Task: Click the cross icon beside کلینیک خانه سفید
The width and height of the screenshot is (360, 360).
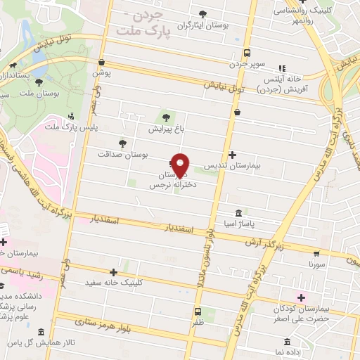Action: click(x=113, y=271)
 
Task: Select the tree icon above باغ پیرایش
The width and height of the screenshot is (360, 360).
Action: click(x=166, y=117)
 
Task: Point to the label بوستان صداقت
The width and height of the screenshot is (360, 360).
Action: click(x=124, y=153)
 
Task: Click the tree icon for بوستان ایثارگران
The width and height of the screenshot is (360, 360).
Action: click(x=203, y=13)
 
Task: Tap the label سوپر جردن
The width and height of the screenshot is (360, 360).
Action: click(x=247, y=64)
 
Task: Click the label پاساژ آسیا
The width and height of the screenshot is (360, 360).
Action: click(x=240, y=223)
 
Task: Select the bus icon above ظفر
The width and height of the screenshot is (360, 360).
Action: click(x=198, y=311)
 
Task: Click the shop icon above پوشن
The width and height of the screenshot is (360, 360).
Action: click(x=102, y=61)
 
